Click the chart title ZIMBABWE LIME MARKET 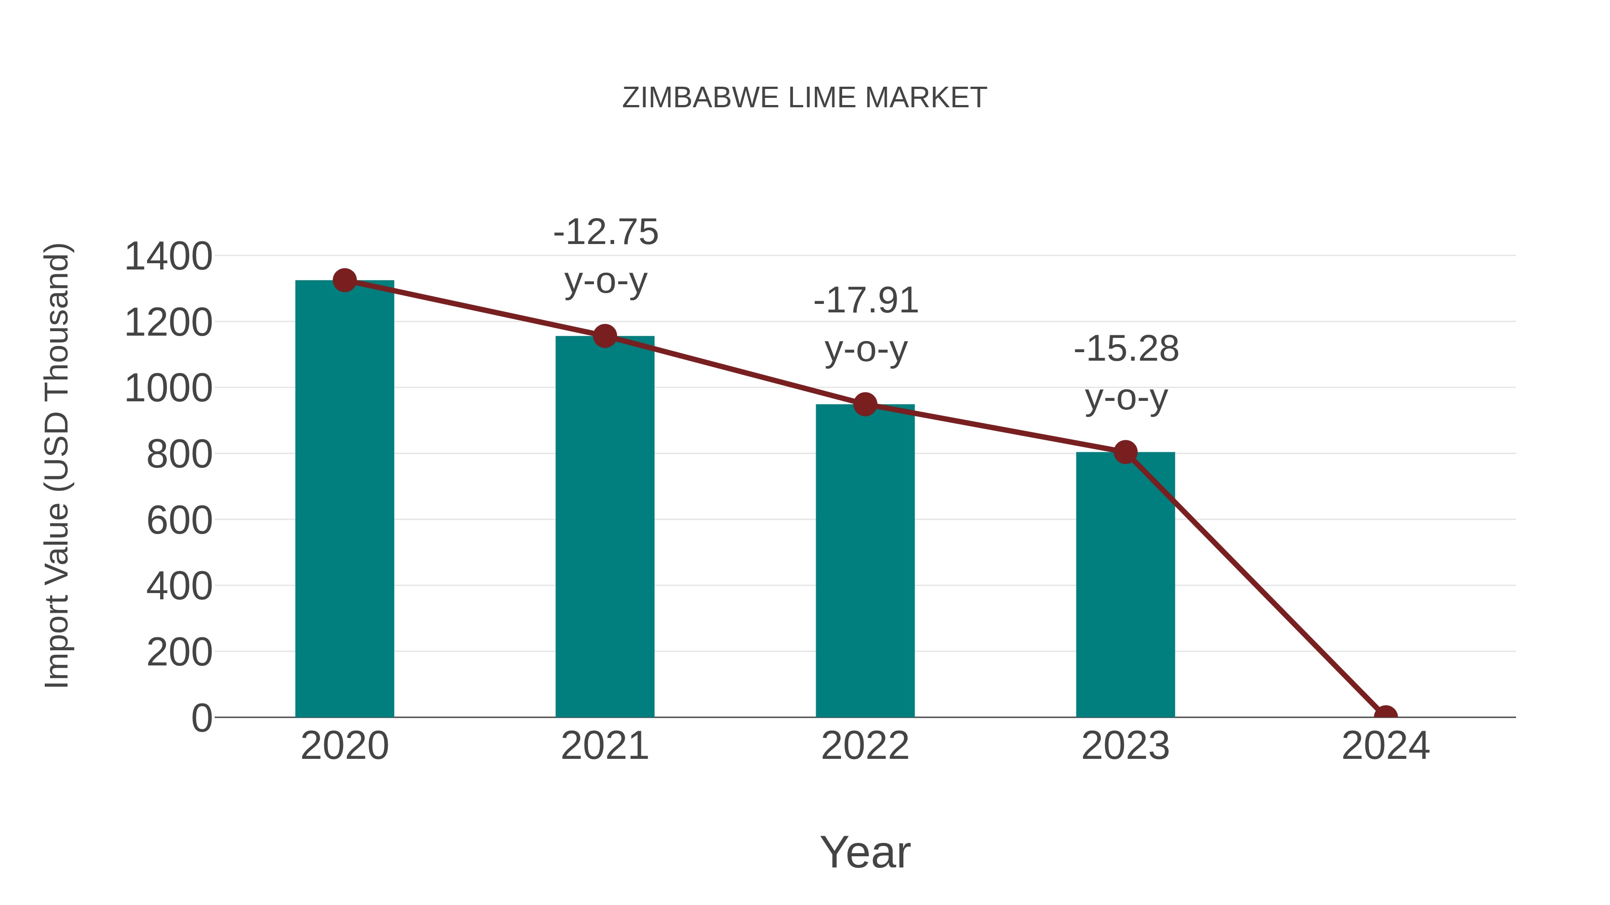[x=805, y=98]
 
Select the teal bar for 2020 [x=344, y=500]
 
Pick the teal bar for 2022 [x=865, y=562]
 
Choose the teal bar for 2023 [x=1125, y=587]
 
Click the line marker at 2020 [x=344, y=280]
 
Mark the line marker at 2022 [x=865, y=405]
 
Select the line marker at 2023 [x=1125, y=452]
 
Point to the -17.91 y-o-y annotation [x=866, y=325]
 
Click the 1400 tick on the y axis [x=168, y=257]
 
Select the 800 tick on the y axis [x=179, y=455]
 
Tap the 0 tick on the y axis [x=202, y=718]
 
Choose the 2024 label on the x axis [x=1385, y=746]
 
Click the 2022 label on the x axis [x=865, y=746]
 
